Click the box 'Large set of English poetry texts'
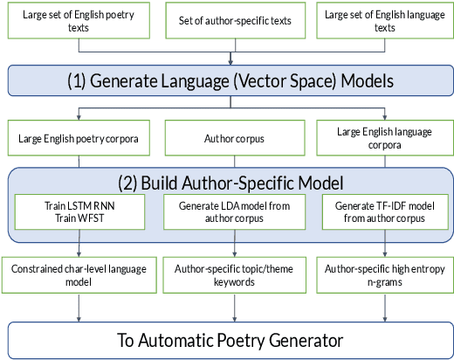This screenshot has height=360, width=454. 79,20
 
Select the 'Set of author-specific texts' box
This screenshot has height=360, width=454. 230,20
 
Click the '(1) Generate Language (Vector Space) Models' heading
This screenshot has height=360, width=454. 230,80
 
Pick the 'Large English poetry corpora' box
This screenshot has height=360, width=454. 79,137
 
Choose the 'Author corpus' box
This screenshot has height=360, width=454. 230,137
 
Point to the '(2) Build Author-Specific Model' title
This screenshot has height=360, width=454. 230,183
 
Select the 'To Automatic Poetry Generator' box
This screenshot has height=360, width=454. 230,339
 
